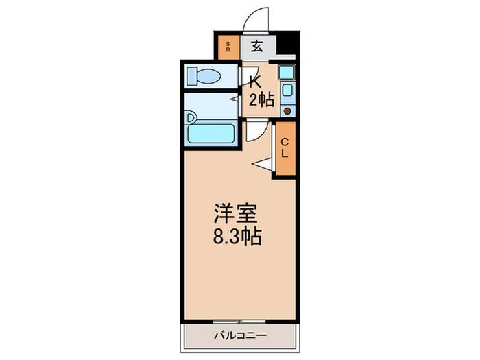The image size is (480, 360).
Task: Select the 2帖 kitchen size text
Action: pyautogui.click(x=261, y=100)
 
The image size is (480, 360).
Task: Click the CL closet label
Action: pyautogui.click(x=285, y=148)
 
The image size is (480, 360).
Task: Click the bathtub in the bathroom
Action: pyautogui.click(x=211, y=132)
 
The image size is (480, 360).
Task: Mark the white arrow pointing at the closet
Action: pyautogui.click(x=264, y=163)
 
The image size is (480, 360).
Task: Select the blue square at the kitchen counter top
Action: pyautogui.click(x=287, y=71)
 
